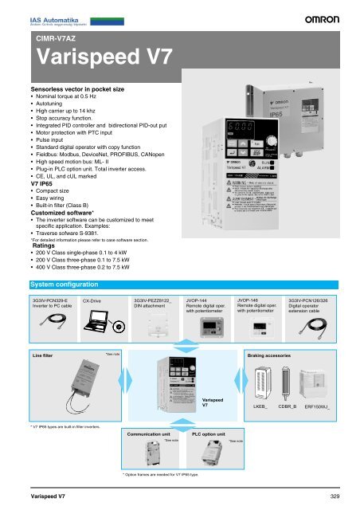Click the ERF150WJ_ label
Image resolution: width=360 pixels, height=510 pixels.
(x=323, y=406)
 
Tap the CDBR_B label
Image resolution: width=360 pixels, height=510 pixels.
(x=288, y=406)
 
